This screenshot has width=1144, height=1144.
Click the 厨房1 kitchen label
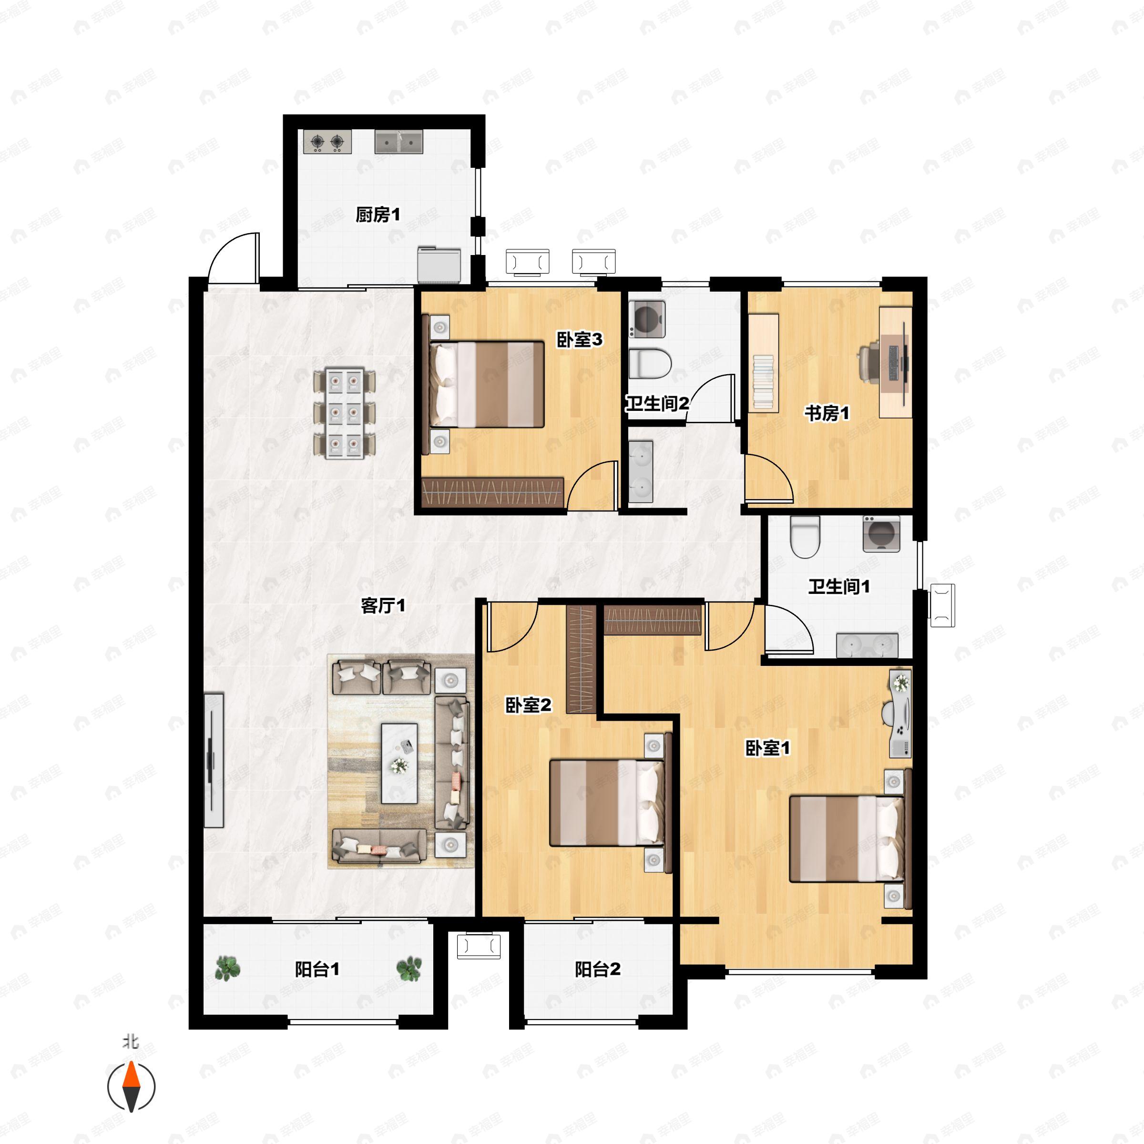tap(378, 214)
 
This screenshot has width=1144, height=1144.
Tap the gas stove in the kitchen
tap(327, 142)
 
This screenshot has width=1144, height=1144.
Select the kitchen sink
tap(398, 142)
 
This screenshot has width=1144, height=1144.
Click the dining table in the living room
tap(345, 413)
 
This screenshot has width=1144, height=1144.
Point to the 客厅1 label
tap(383, 605)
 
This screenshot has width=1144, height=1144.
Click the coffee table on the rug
tap(399, 763)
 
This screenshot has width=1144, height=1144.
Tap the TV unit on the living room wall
tap(213, 760)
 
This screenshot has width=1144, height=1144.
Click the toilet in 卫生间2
tap(650, 363)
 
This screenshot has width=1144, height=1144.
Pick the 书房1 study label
tap(827, 413)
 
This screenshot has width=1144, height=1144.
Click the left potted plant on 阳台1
tap(227, 969)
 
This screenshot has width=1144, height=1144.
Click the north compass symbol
tap(131, 1087)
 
